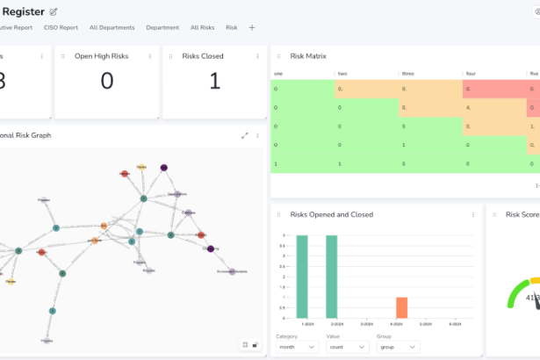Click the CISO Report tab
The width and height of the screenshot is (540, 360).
pyautogui.click(x=61, y=27)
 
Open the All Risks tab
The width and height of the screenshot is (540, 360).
pyautogui.click(x=202, y=27)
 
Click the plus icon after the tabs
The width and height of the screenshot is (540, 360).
pyautogui.click(x=252, y=27)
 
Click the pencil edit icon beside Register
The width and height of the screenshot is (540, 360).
pyautogui.click(x=54, y=11)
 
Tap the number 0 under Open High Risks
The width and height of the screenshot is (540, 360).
pyautogui.click(x=107, y=82)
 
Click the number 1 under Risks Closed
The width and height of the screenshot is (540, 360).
pyautogui.click(x=214, y=82)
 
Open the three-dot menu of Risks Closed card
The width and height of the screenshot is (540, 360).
pyautogui.click(x=257, y=56)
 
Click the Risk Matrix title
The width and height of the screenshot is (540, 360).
pyautogui.click(x=308, y=56)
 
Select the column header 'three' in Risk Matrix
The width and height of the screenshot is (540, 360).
pyautogui.click(x=408, y=74)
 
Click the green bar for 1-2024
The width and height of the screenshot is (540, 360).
pyautogui.click(x=302, y=277)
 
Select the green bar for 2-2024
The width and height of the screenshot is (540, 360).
pyautogui.click(x=332, y=277)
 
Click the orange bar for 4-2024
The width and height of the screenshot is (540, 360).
pyautogui.click(x=401, y=307)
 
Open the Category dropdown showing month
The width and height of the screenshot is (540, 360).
pyautogui.click(x=297, y=347)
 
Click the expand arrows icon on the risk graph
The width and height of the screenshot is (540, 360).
pyautogui.click(x=245, y=136)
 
